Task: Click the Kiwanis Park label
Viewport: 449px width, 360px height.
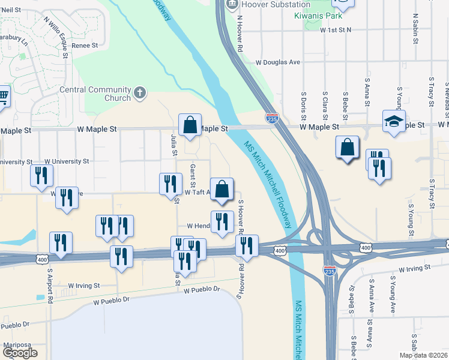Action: click(x=318, y=14)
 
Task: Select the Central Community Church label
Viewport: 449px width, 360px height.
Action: click(x=95, y=94)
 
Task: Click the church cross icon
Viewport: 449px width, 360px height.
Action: click(x=140, y=92)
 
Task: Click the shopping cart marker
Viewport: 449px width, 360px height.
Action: click(x=3, y=96)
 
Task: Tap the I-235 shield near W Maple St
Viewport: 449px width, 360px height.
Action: click(x=272, y=119)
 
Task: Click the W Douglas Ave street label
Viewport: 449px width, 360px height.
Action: click(x=277, y=62)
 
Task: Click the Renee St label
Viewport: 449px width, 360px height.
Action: click(x=85, y=46)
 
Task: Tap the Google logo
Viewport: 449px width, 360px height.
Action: click(x=20, y=353)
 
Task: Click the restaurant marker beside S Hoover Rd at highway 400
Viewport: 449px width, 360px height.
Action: click(x=247, y=245)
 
